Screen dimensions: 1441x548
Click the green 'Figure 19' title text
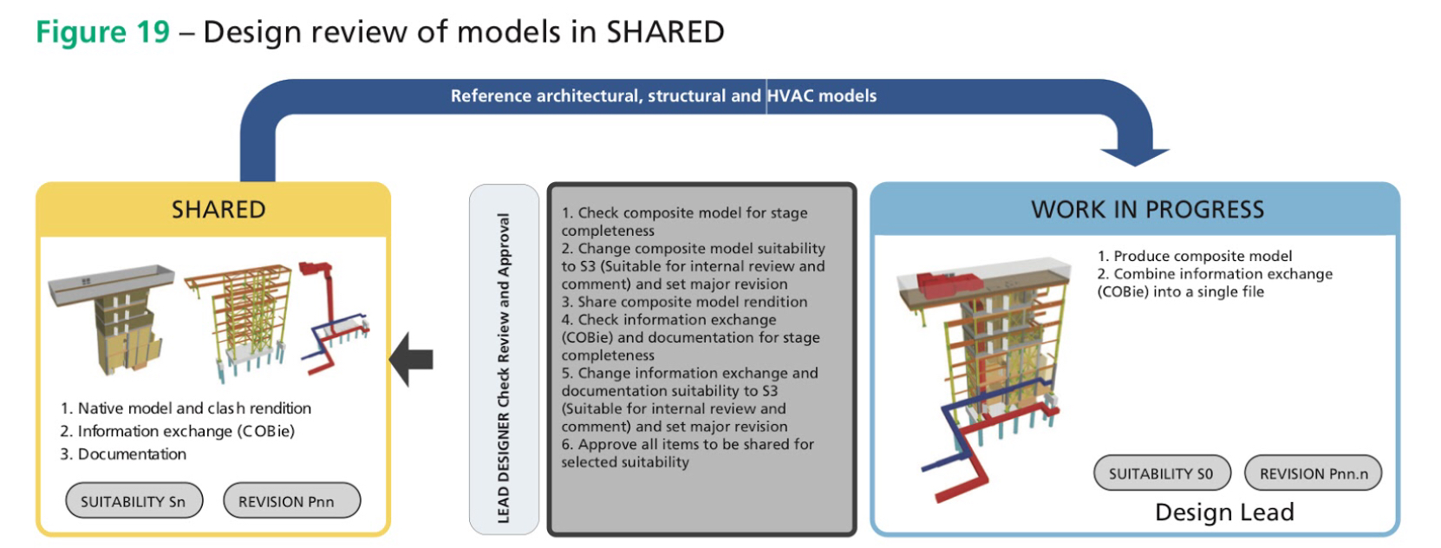[103, 32]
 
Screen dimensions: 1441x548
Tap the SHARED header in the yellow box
[218, 210]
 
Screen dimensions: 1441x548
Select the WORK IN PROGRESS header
[1148, 210]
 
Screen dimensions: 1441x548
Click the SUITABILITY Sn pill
[134, 501]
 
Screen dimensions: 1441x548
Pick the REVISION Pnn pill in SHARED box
[291, 501]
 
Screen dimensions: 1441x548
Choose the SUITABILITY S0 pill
[1162, 473]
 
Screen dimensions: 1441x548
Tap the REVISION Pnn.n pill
[1313, 473]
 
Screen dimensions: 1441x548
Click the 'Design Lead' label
[1224, 512]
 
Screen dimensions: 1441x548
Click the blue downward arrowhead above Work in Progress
[1134, 156]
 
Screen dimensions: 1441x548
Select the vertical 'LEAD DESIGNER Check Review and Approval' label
[504, 368]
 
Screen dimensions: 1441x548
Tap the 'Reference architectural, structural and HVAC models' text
[663, 96]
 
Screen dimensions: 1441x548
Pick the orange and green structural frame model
[239, 322]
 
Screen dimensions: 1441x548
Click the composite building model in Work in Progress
[984, 380]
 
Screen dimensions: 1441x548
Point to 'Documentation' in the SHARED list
[132, 454]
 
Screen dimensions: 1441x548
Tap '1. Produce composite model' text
[1195, 256]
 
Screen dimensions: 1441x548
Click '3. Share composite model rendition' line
[684, 302]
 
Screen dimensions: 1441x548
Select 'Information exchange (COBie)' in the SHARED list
[186, 431]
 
